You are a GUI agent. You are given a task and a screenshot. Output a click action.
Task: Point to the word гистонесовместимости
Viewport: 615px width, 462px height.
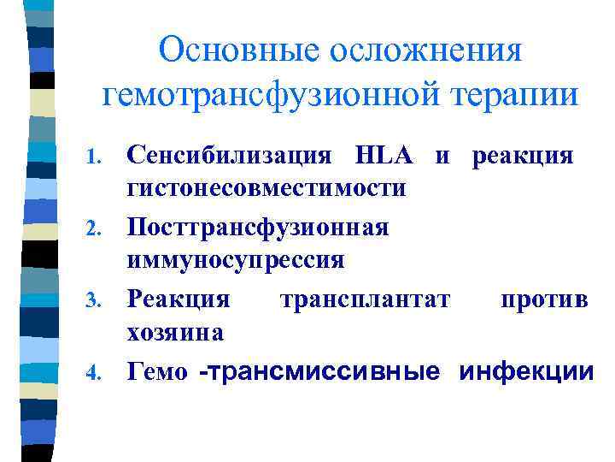(x=266, y=186)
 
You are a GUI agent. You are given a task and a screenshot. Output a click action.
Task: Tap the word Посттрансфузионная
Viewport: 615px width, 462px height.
(x=257, y=228)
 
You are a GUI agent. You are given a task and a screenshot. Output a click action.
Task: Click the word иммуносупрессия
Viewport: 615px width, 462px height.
(x=235, y=258)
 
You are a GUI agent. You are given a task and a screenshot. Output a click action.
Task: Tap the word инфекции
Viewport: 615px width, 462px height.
(x=525, y=372)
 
